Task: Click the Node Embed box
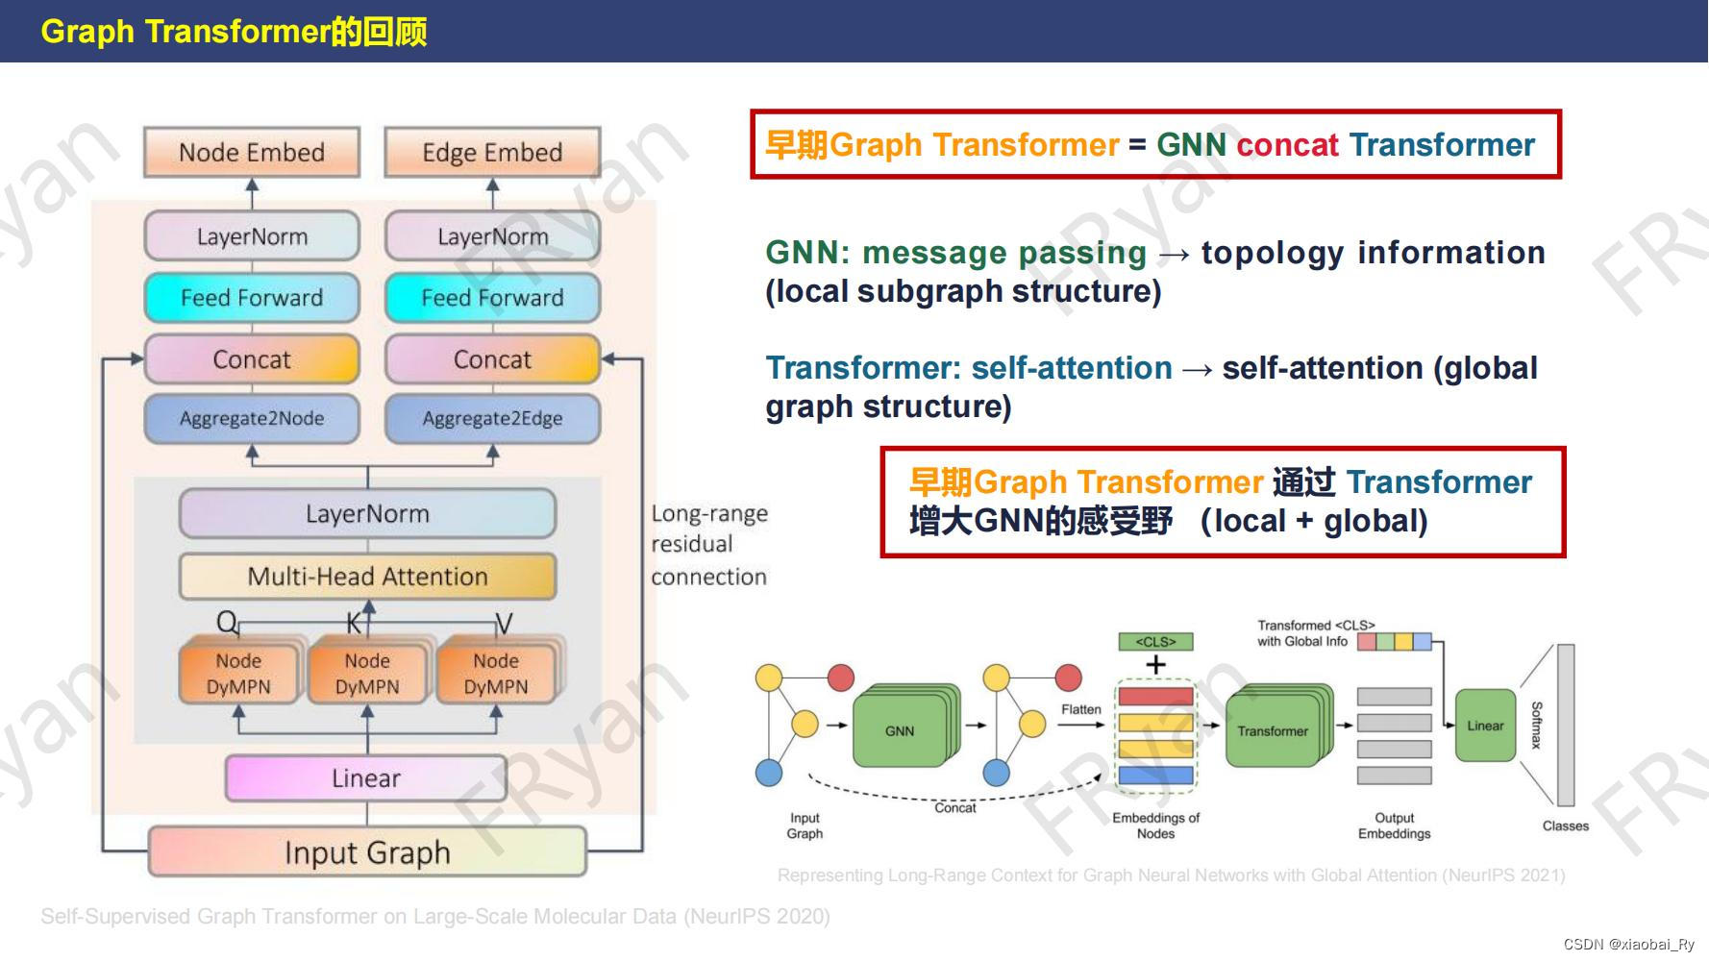252,153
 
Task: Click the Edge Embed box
492,153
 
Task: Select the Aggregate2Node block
252,418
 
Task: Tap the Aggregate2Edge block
492,418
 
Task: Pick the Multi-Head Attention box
367,577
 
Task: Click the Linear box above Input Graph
366,778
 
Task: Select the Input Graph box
367,852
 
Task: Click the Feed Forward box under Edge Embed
492,298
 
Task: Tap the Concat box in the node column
252,359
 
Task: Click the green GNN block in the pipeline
900,731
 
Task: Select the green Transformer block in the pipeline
1273,731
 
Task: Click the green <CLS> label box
1155,641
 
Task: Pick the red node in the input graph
841,678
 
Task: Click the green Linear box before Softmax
1485,726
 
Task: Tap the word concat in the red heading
1287,145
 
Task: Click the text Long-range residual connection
708,545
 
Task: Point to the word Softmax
1536,726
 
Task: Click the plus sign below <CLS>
1155,664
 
